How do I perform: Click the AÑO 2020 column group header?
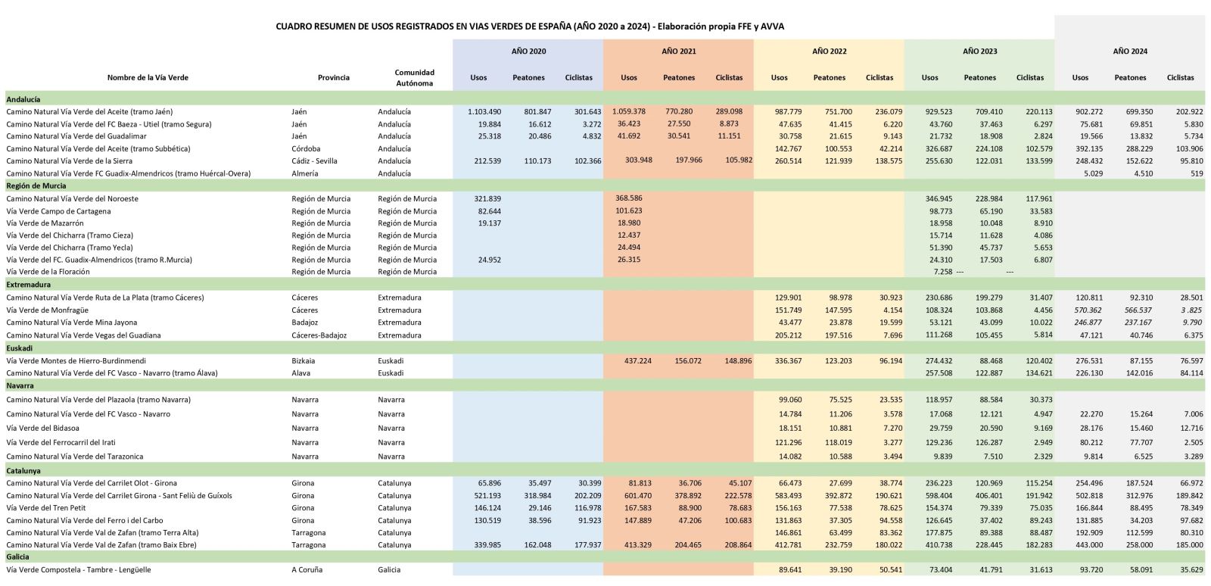[528, 51]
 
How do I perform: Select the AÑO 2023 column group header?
[979, 51]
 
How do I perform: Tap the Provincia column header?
[334, 77]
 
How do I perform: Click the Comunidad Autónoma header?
[414, 77]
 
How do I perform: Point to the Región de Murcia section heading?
[36, 185]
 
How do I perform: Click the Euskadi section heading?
[20, 348]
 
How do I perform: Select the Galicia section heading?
[18, 556]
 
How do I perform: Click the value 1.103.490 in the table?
[484, 112]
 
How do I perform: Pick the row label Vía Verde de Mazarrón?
[45, 223]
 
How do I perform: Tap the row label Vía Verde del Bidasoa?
[42, 429]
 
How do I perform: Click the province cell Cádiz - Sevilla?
[314, 161]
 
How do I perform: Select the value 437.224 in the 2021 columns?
[638, 360]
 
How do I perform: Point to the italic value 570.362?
[1089, 310]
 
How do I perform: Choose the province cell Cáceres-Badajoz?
[319, 335]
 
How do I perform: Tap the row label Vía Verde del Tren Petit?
[46, 508]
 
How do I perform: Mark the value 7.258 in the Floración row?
[943, 272]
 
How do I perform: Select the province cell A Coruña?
[307, 570]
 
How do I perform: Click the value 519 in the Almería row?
[1197, 173]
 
